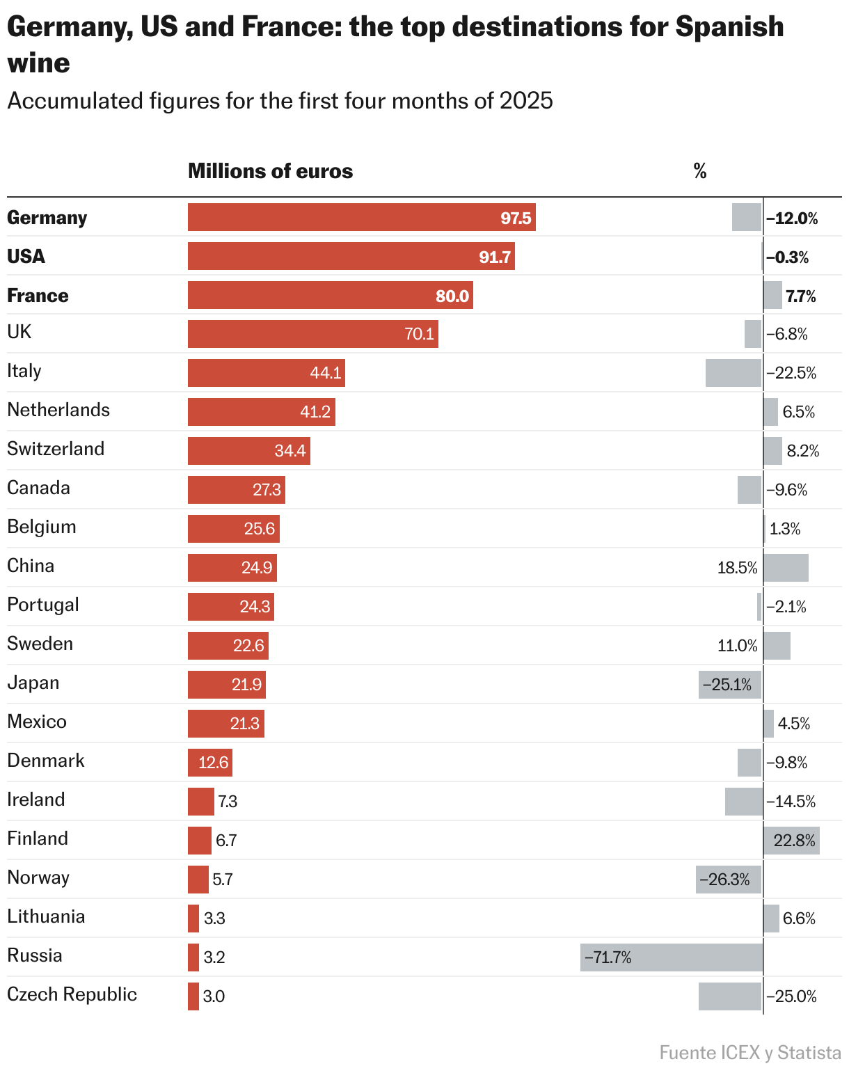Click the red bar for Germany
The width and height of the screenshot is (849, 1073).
(361, 218)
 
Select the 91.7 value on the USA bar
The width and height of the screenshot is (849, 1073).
(495, 257)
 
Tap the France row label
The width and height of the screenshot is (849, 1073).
(38, 296)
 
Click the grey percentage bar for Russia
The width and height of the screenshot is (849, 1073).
(672, 957)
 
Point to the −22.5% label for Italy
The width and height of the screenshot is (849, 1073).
(791, 373)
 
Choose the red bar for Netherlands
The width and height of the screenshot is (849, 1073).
(261, 412)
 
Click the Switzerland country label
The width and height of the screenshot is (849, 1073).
(56, 449)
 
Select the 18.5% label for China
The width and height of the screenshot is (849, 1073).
(737, 568)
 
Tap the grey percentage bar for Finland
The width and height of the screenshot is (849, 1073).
(791, 841)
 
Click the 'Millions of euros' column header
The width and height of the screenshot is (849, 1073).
(270, 171)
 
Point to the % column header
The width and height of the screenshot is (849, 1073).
(700, 171)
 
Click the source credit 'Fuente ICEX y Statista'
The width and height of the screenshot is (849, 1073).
(750, 1053)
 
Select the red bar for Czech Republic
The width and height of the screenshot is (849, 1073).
(193, 996)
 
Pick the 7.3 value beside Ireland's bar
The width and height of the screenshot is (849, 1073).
(228, 802)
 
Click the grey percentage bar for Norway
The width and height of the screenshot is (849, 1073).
(728, 880)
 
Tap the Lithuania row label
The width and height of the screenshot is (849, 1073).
(46, 916)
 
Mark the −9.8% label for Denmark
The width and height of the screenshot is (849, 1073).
(787, 763)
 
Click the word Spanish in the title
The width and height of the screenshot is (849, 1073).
(729, 27)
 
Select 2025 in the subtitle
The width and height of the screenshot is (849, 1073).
(526, 101)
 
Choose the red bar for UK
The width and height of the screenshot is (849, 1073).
(312, 334)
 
